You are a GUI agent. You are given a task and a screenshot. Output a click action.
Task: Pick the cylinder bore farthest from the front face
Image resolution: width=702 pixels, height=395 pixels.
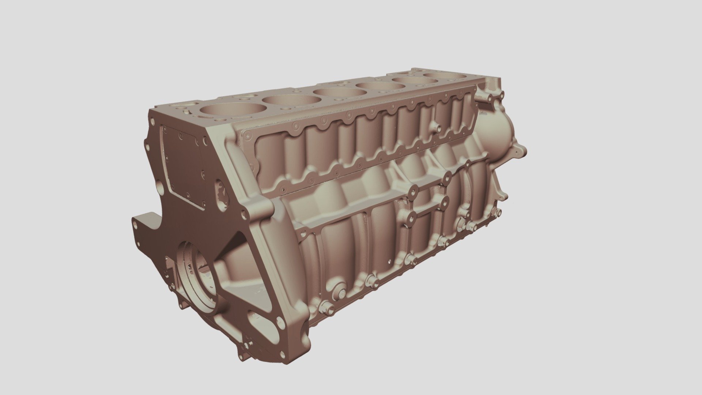coord(445,76)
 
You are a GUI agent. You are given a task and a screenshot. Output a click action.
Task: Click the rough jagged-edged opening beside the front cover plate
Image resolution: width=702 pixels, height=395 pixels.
coord(222,194)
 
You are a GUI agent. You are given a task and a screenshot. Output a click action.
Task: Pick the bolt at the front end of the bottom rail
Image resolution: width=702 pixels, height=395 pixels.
coord(327,308)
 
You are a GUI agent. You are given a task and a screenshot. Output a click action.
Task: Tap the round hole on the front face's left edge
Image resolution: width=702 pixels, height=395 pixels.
coord(160,188)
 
